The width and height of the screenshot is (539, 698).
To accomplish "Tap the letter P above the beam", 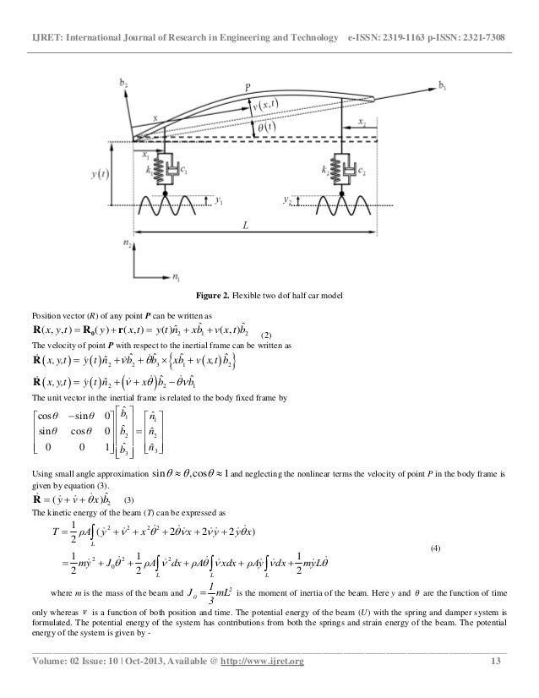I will click(248, 85).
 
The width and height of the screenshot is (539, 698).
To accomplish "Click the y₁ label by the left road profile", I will click(218, 200).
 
